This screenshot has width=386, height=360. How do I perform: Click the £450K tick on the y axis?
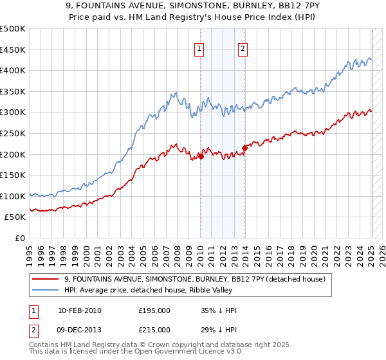[13, 50]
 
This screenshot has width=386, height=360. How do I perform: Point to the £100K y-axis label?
[13, 196]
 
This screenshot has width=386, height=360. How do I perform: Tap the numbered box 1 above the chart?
[199, 48]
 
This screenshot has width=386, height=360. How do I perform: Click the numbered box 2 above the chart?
[243, 48]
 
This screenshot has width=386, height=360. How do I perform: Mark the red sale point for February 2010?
[201, 156]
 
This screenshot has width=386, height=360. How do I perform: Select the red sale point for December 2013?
[244, 148]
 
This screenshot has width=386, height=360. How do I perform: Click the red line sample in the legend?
[46, 279]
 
